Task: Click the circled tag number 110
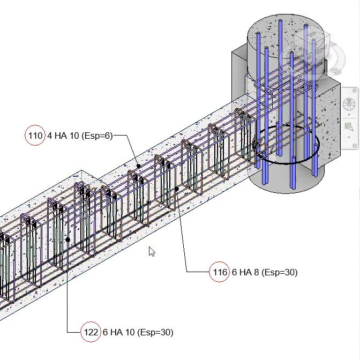coord(35,136)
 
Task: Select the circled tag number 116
coord(220,272)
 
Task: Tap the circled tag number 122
coord(90,332)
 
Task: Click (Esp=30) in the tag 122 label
coord(155,332)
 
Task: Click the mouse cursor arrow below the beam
coord(152,251)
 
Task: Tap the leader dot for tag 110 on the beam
coord(138,167)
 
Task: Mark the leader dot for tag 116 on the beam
coord(177,189)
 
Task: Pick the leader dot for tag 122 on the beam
coord(67,239)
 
